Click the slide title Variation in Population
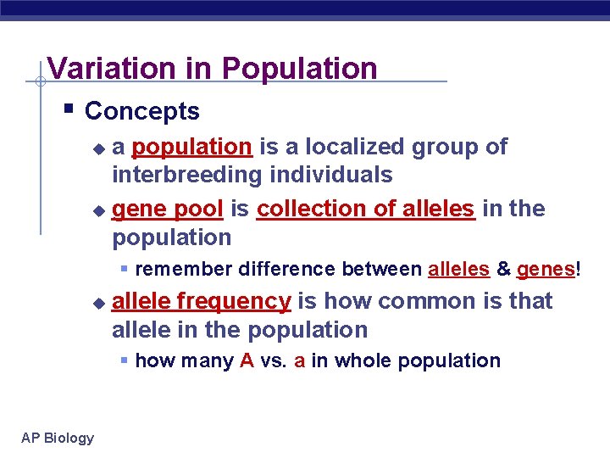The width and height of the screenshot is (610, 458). click(x=212, y=68)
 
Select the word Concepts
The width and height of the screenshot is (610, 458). click(x=142, y=111)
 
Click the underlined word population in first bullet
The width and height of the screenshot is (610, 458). click(x=191, y=147)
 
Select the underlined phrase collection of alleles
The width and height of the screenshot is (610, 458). click(x=365, y=209)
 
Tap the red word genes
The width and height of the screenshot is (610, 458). click(x=546, y=270)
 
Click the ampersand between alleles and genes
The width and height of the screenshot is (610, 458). click(x=503, y=270)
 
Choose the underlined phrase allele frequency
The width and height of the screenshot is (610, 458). click(x=202, y=301)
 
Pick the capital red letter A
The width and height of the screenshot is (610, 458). click(x=247, y=360)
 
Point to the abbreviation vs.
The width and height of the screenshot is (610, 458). click(x=274, y=360)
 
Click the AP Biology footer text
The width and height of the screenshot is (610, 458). click(x=58, y=438)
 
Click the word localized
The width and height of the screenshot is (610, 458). click(x=355, y=147)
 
